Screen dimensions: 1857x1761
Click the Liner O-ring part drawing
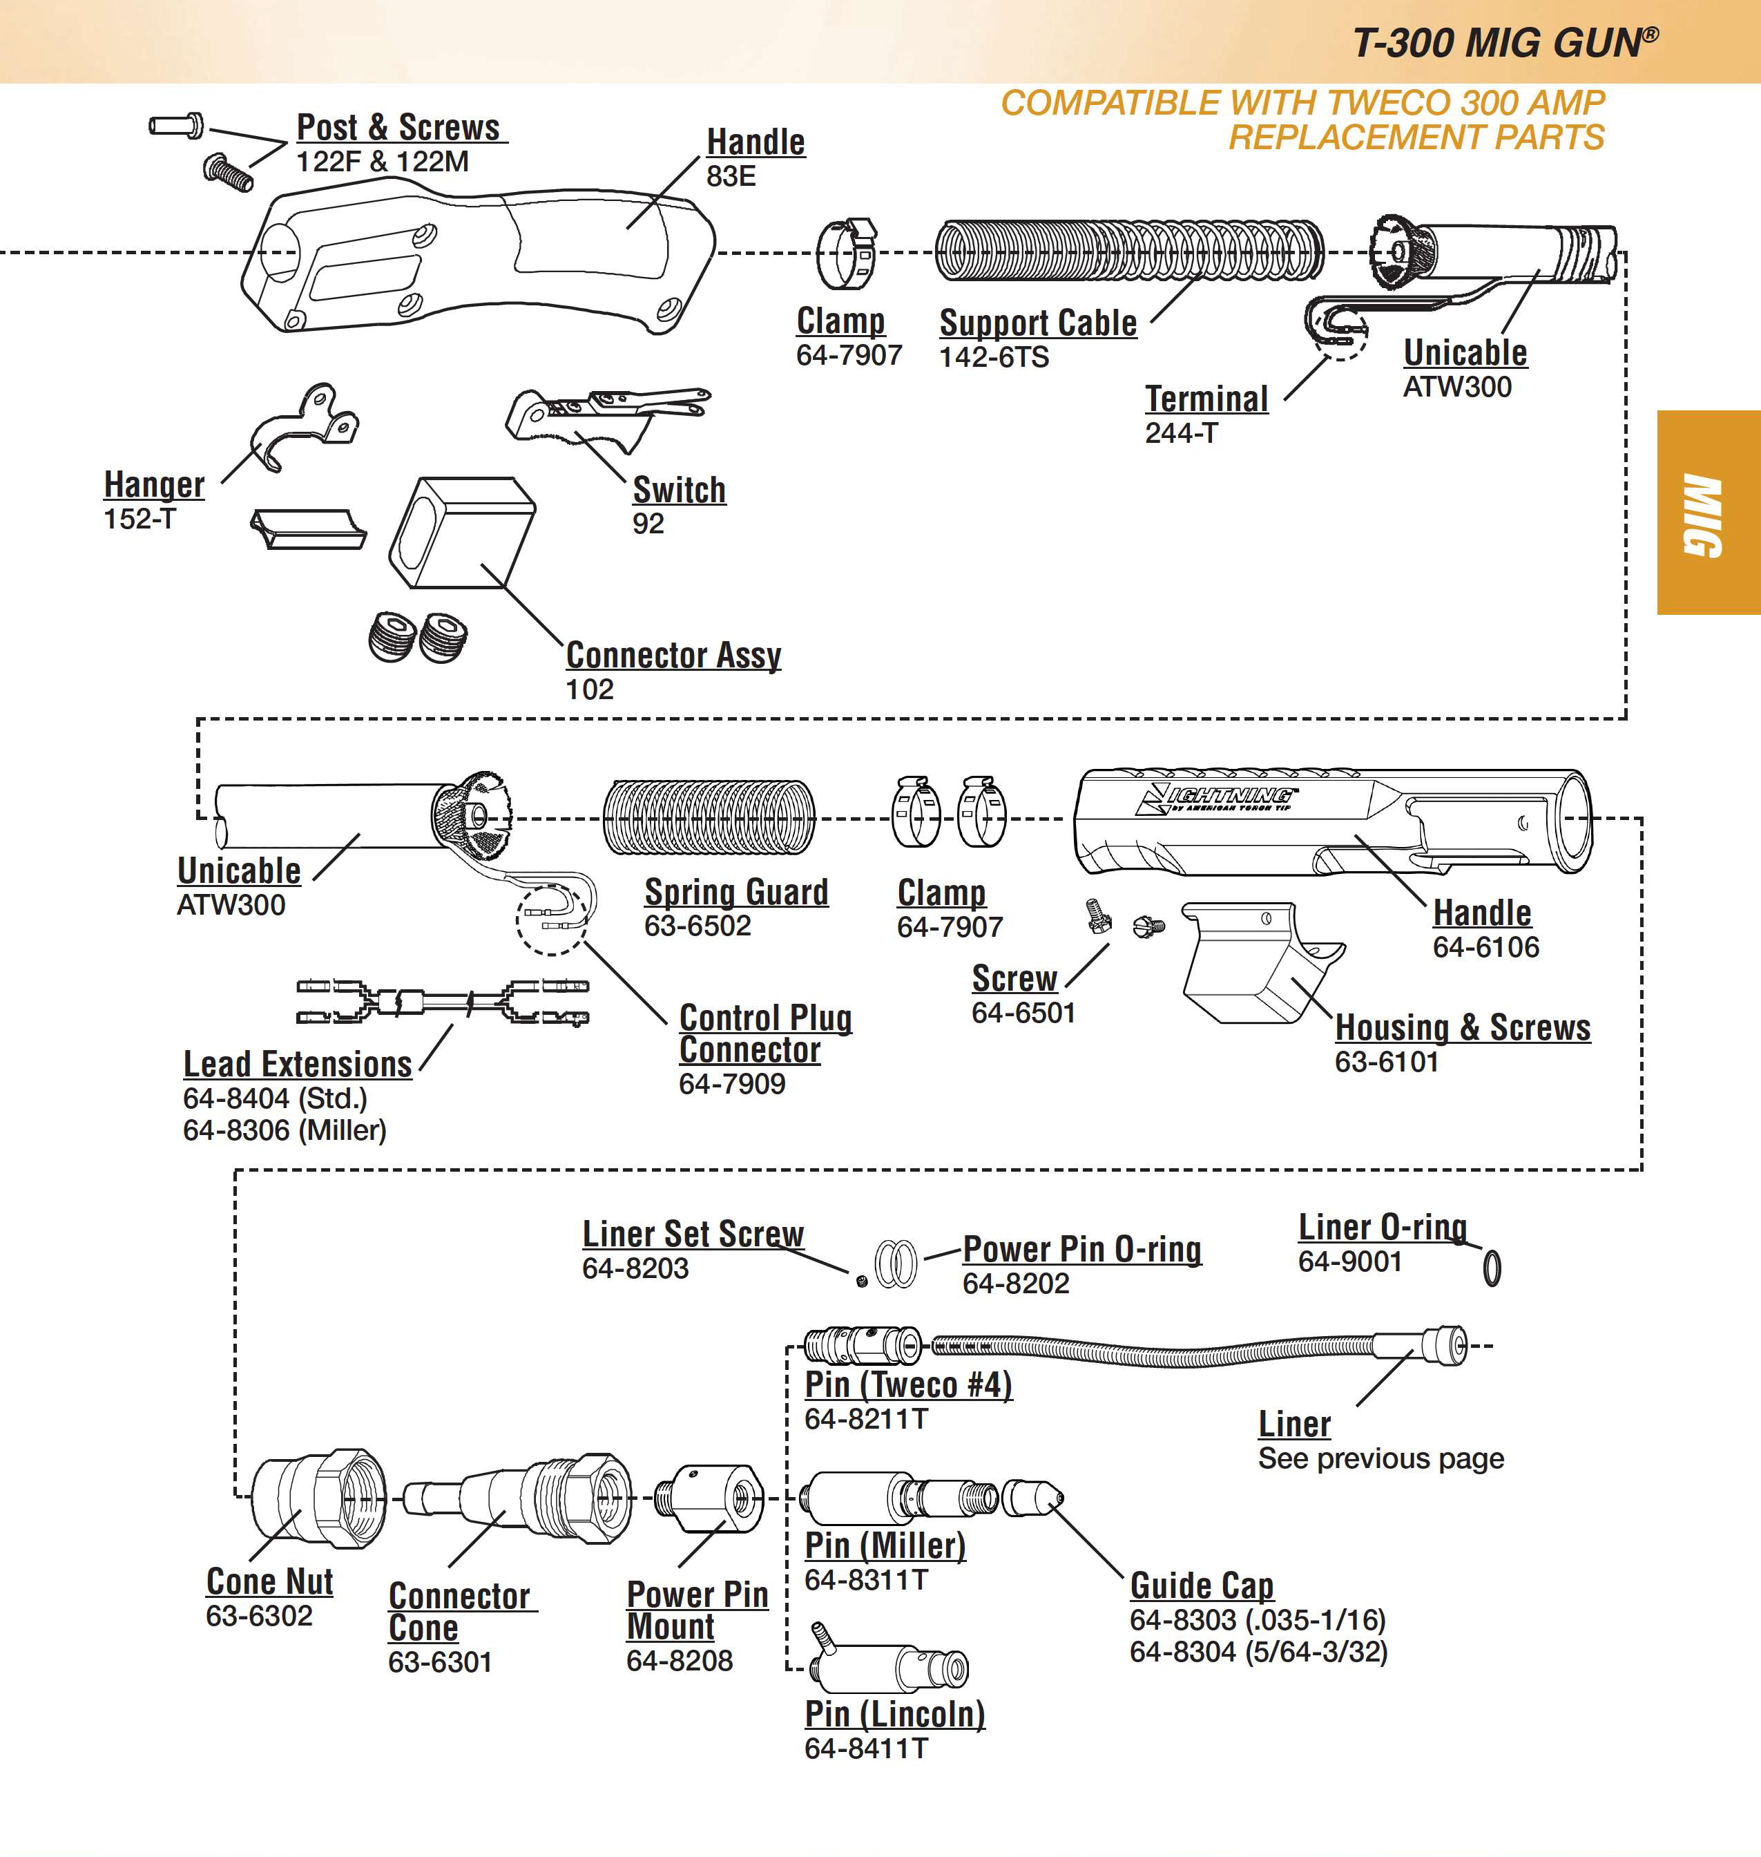[x=1492, y=1268]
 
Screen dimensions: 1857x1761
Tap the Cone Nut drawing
[x=319, y=1498]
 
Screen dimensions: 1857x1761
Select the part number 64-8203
[x=635, y=1268]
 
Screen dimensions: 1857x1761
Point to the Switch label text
[x=679, y=490]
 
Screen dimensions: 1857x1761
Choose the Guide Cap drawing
[x=1032, y=1498]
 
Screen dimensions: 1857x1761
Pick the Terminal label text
[x=1206, y=399]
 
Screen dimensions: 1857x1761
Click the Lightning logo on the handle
[x=1215, y=799]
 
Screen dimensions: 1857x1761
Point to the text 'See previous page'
[x=1380, y=1459]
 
